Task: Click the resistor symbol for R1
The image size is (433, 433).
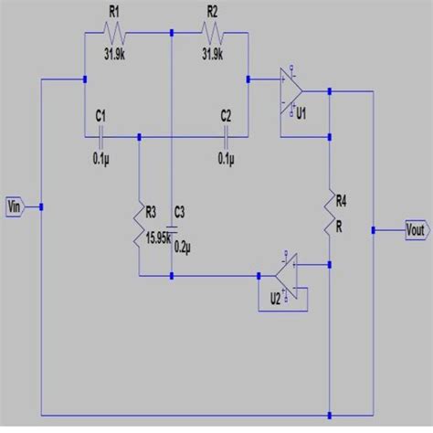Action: coord(115,34)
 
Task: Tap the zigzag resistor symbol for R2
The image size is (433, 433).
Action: coord(213,34)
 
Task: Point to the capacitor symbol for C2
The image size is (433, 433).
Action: coord(226,137)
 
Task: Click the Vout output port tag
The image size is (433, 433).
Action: coord(417,230)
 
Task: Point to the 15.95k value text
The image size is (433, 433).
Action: coord(161,239)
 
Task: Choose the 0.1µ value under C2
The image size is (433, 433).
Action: coord(226,158)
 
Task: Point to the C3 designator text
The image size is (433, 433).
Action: coord(180,212)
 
